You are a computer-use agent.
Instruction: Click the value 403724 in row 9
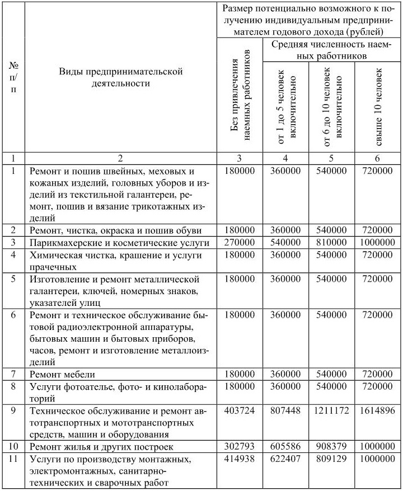point(239,411)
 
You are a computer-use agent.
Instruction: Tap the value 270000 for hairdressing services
point(239,243)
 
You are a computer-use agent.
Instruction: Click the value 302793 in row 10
point(239,446)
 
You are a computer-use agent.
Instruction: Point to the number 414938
point(239,460)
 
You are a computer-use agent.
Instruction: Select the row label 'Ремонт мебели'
point(62,374)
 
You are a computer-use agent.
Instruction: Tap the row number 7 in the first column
point(13,374)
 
